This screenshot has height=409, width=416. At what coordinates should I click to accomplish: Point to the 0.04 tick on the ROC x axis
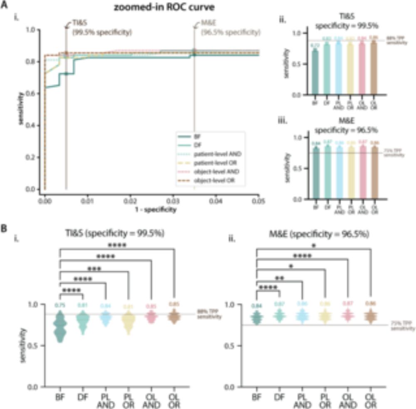tap(215, 201)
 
